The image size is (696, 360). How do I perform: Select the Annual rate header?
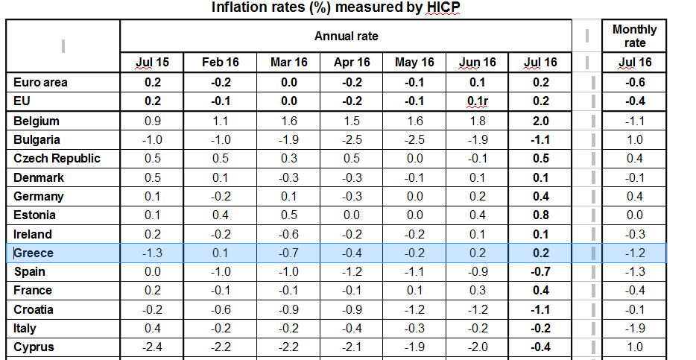coord(347,36)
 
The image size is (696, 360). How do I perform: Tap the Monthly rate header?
coord(634,36)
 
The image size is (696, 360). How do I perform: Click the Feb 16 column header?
coord(220,62)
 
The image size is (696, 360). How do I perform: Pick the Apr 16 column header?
coord(352,62)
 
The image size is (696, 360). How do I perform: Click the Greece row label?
coord(34,253)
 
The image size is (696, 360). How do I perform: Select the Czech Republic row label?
coord(57,159)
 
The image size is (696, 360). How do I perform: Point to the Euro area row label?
coord(40,83)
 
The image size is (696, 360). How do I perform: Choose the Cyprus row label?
coord(34,347)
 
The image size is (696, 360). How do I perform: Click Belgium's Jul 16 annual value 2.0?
coord(541,121)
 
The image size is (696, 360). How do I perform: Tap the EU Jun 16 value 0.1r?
coord(478,101)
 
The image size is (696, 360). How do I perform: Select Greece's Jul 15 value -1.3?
coord(152,253)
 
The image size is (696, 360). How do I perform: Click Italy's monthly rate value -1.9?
coord(634,329)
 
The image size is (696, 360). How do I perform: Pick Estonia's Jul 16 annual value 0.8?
coord(541,215)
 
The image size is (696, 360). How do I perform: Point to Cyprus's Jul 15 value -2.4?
coord(152,347)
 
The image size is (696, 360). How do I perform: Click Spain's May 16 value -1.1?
coord(414,271)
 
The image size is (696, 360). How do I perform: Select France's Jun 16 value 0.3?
coord(478,291)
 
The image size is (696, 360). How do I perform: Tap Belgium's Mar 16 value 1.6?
coord(289,121)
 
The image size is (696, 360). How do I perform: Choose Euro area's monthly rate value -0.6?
coord(634,83)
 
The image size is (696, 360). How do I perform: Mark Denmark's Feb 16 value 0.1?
coord(220,178)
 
